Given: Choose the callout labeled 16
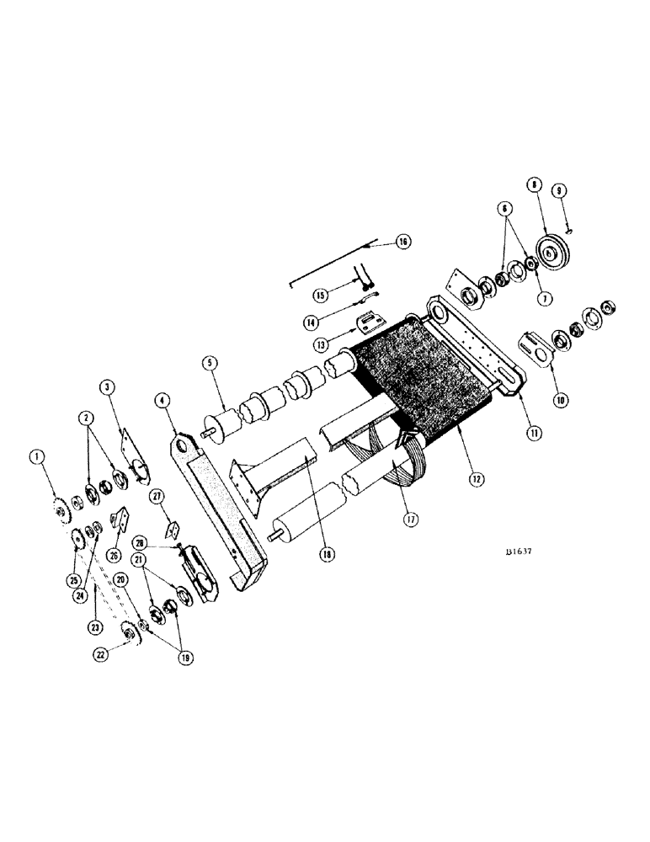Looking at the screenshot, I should click(403, 242).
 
